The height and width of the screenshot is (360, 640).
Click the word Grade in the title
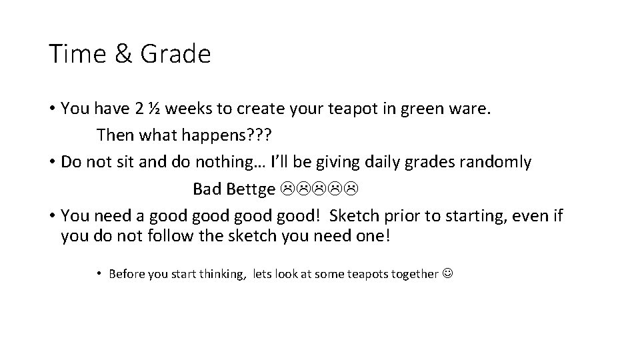pyautogui.click(x=175, y=53)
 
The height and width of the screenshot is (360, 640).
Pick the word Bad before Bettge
pyautogui.click(x=207, y=190)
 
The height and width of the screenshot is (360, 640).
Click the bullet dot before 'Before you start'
pyautogui.click(x=98, y=273)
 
